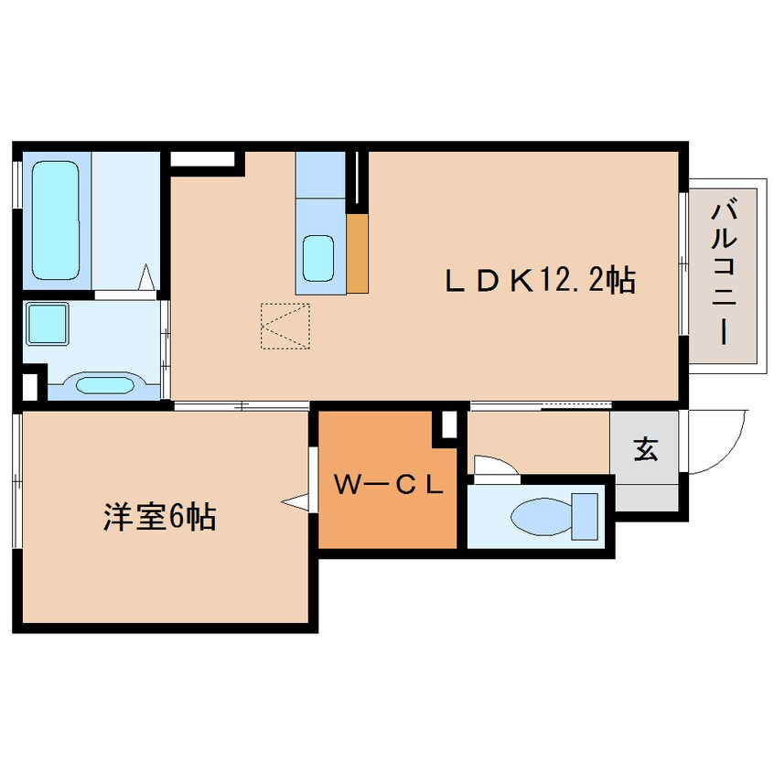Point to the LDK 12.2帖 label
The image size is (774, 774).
(540, 280)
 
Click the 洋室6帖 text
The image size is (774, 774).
(158, 518)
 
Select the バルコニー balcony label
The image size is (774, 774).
(723, 272)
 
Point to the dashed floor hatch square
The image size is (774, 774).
(285, 326)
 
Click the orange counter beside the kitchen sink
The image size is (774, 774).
(357, 253)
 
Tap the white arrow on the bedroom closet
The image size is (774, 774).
(297, 501)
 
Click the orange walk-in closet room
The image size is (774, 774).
(388, 512)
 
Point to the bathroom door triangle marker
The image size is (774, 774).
(145, 277)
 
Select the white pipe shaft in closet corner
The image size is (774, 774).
(448, 425)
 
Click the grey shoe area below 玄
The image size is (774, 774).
(646, 494)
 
